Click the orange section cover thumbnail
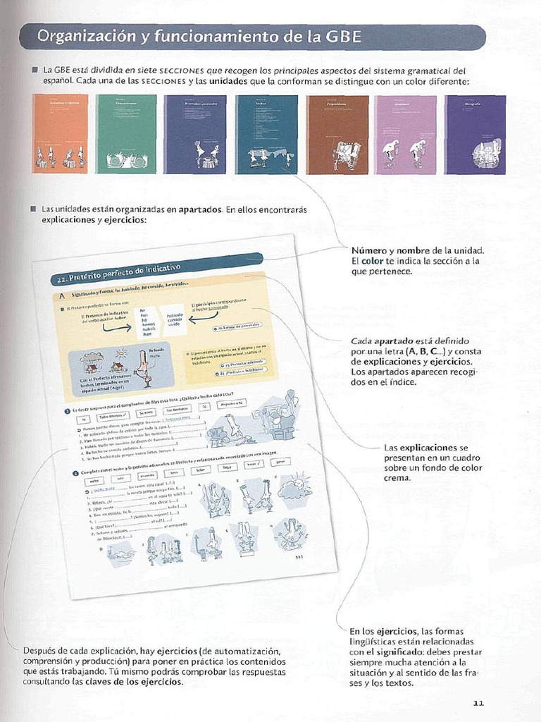pos(61,134)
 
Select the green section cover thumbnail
pos(126,134)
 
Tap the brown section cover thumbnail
pos(337,134)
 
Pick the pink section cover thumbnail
pos(405,134)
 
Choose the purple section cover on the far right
pos(475,134)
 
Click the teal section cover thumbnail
pos(267,134)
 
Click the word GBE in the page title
pos(342,37)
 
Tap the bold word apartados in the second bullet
pos(201,209)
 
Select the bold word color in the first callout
pos(375,261)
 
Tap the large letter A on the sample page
pos(62,297)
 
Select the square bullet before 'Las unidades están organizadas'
pos(33,209)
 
